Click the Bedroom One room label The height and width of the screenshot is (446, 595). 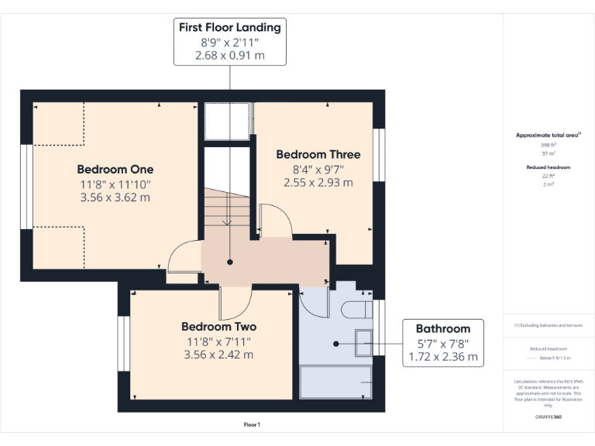point(115,170)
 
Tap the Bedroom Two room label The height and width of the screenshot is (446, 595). point(218,327)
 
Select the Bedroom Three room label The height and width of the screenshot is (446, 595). point(318,154)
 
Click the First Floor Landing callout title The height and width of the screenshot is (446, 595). point(229,28)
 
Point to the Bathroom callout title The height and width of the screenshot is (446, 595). point(442,328)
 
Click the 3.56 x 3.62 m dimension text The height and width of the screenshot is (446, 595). point(115,197)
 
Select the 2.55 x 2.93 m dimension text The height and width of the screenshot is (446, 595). point(318,183)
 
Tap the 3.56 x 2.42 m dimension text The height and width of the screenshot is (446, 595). point(218,355)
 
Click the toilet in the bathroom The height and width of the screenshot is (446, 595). point(356,309)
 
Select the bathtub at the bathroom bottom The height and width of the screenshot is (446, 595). point(336,383)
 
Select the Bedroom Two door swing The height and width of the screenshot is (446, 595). point(233,303)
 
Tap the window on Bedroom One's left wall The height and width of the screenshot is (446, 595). point(27,187)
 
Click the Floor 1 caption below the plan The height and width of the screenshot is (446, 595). point(252,424)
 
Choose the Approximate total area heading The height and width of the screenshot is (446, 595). point(548,135)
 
